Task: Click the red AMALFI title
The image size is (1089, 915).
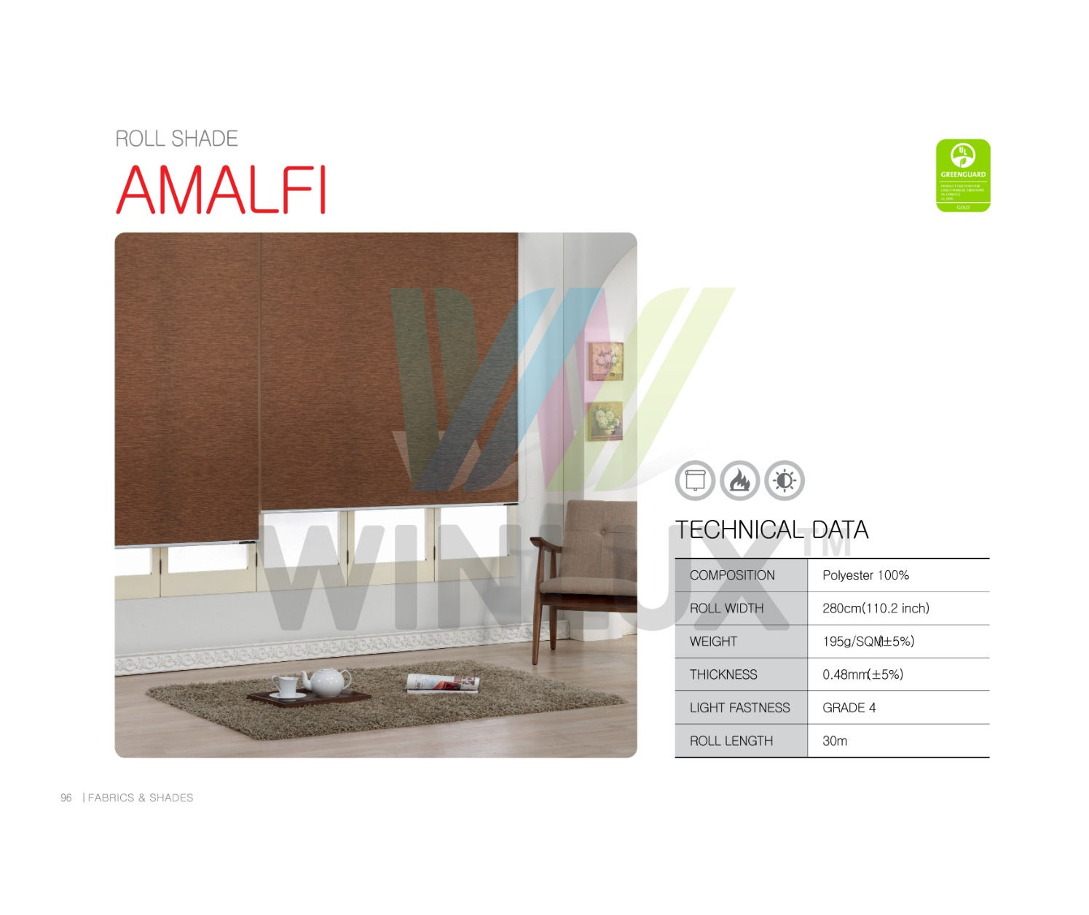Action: (221, 190)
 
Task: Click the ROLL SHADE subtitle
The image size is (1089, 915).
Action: (176, 139)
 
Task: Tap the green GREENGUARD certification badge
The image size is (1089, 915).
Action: (962, 176)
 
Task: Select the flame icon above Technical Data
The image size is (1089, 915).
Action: (739, 480)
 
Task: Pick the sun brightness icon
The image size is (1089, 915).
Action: (784, 480)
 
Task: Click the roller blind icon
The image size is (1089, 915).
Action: (695, 480)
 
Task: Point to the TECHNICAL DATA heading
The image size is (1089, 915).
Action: (771, 529)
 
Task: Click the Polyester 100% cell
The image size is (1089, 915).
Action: (865, 575)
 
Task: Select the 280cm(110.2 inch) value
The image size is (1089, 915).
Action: (876, 608)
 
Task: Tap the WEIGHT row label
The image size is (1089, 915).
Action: (713, 642)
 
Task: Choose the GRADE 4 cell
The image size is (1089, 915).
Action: (849, 707)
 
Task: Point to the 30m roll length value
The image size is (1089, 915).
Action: (835, 741)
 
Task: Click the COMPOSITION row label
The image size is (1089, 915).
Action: (732, 575)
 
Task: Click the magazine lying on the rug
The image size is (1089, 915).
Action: (443, 683)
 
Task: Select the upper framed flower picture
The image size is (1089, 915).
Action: (605, 361)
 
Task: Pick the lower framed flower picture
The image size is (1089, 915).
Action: (605, 421)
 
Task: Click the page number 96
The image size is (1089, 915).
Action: (66, 798)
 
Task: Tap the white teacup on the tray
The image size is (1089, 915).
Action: (286, 686)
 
